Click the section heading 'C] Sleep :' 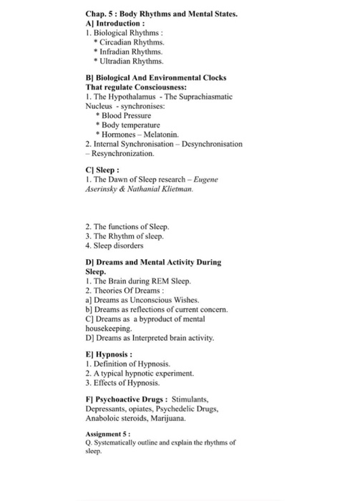click(103, 172)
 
